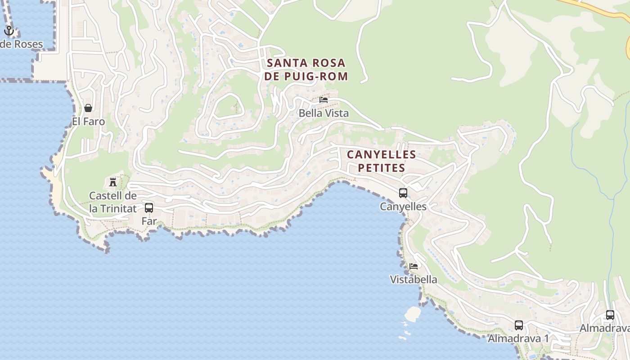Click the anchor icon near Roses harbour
coord(9,31)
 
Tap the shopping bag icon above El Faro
coord(88,108)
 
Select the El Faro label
coord(88,121)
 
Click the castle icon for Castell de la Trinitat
coord(113,182)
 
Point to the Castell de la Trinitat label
coord(112,202)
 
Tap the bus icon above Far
coord(149,208)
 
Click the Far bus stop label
coord(149,221)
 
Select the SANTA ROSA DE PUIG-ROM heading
coord(306,69)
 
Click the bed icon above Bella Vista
coord(324,100)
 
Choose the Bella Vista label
coord(324,113)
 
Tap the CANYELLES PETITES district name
coord(381,161)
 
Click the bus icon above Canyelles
coord(403,193)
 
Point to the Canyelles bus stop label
coord(403,207)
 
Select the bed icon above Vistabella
coord(414,266)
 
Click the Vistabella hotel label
coord(414,279)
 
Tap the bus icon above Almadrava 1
coord(519,325)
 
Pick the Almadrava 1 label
coord(518,338)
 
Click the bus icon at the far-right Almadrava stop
coord(610,315)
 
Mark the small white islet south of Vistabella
coord(412,314)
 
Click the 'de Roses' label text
coord(22,44)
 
